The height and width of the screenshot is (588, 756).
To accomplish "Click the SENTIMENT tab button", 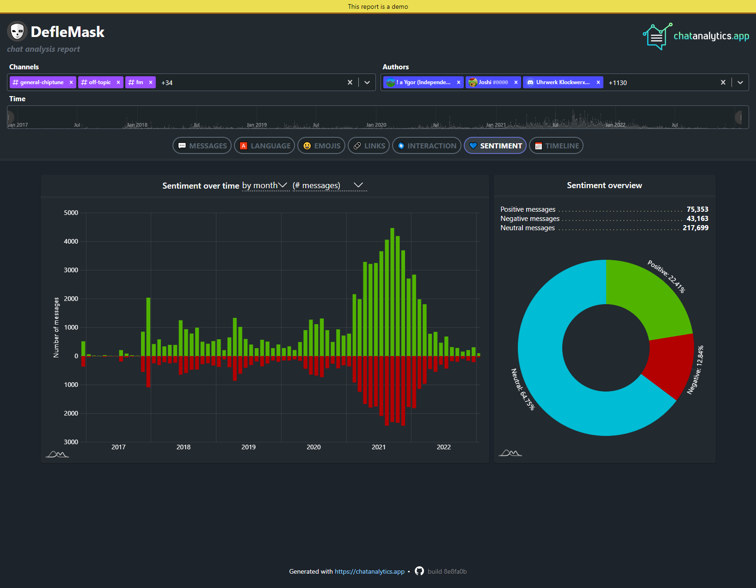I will [x=495, y=146].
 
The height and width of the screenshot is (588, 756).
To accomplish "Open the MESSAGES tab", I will [x=202, y=146].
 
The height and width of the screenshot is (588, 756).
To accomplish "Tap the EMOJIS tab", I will [x=321, y=146].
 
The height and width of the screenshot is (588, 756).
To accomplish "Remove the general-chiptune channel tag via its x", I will [x=71, y=82].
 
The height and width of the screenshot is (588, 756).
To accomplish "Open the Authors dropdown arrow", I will [x=740, y=82].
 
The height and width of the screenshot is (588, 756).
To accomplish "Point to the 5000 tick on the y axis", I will [x=71, y=213].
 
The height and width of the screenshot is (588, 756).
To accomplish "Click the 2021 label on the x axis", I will [x=379, y=447].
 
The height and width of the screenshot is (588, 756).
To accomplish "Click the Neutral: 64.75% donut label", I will [x=522, y=389].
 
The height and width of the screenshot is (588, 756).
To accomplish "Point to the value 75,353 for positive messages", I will [x=697, y=209].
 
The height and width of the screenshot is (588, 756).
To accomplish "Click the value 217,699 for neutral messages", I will [x=695, y=228].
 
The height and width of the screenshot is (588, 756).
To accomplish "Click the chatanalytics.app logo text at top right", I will [x=711, y=36].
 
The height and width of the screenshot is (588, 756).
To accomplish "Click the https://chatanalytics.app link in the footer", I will [x=369, y=571].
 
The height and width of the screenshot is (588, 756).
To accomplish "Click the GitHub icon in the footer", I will [x=419, y=571].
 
